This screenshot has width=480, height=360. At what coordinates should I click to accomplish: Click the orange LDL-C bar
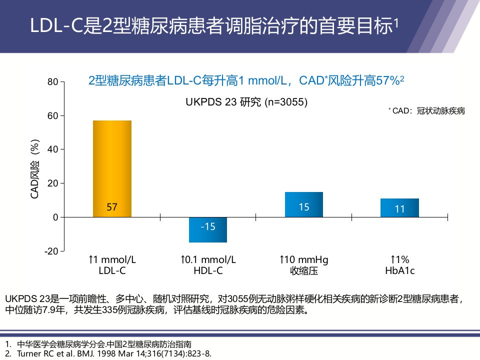112,168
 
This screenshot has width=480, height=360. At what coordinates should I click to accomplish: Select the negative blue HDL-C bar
208,229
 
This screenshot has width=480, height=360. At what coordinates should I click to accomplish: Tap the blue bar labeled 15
304,204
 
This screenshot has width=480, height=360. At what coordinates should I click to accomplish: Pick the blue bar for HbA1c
400,208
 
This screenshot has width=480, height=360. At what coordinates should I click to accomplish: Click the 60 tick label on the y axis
52,115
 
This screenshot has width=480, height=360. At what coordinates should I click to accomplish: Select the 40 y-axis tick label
52,149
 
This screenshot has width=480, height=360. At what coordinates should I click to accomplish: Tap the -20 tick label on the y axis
51,251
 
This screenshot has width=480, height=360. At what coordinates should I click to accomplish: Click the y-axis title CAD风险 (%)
35,169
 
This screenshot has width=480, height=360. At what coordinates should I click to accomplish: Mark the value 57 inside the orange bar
112,207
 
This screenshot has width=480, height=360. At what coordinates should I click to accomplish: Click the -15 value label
208,226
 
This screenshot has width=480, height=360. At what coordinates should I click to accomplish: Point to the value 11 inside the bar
400,209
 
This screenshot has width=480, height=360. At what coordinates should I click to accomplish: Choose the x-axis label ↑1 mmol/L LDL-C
112,265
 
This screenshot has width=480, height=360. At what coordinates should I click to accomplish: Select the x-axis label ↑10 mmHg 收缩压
304,265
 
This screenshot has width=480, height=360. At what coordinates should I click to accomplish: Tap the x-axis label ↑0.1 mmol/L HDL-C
208,265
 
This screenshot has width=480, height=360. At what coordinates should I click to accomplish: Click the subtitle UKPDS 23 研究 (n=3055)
246,102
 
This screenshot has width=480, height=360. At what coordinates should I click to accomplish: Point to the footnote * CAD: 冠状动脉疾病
426,111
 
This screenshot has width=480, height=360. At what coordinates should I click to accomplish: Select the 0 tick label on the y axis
55,217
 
